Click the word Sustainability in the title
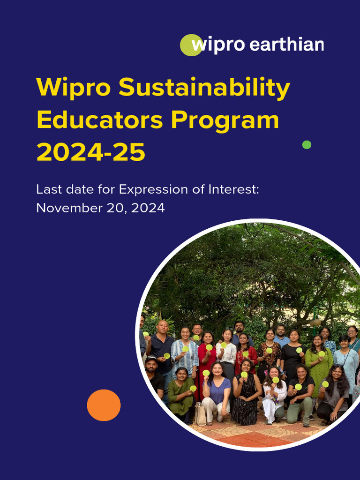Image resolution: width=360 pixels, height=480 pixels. [204, 88]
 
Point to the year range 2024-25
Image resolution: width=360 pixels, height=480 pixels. [91, 152]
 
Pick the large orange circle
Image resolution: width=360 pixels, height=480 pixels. [104, 405]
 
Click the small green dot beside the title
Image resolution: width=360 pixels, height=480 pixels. [307, 145]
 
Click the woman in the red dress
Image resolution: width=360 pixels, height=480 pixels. [207, 356]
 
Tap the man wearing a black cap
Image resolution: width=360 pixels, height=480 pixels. [152, 375]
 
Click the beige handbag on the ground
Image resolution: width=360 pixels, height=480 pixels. [201, 414]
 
